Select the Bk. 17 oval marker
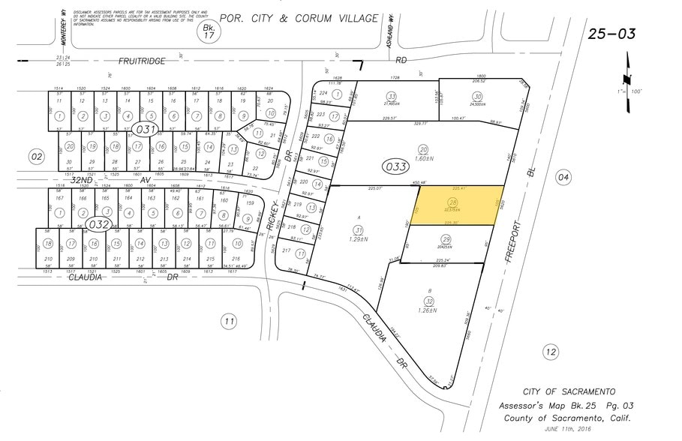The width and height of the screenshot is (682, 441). [206, 31]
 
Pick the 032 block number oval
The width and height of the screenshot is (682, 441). [98, 224]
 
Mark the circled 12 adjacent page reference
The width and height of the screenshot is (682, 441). [551, 351]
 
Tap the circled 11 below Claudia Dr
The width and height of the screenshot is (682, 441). [228, 322]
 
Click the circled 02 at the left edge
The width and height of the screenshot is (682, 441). [35, 156]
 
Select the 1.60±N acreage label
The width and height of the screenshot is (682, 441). [424, 158]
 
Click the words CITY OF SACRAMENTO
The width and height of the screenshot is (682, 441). [569, 391]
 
